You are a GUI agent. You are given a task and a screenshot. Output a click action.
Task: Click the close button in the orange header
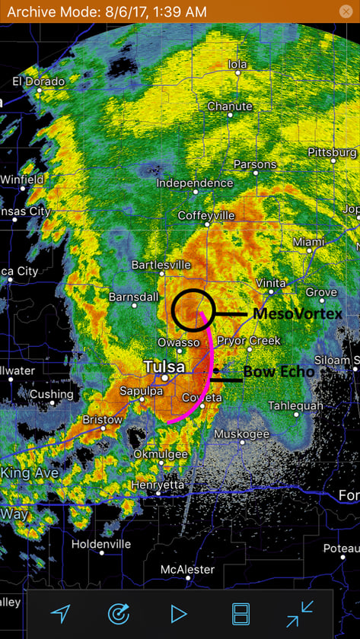(345, 11)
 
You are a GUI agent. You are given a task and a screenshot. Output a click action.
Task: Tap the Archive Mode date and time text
(107, 11)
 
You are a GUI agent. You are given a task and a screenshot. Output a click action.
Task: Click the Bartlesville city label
(161, 265)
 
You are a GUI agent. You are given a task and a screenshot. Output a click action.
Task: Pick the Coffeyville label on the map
(205, 216)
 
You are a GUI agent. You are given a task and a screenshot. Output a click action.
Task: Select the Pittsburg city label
(333, 152)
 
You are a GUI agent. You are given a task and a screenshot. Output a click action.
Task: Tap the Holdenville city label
(101, 544)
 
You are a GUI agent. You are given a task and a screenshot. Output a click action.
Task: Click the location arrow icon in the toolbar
(61, 613)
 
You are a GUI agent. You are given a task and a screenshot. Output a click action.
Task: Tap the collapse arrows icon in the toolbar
(300, 613)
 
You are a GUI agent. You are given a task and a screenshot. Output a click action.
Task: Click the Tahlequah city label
(295, 405)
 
